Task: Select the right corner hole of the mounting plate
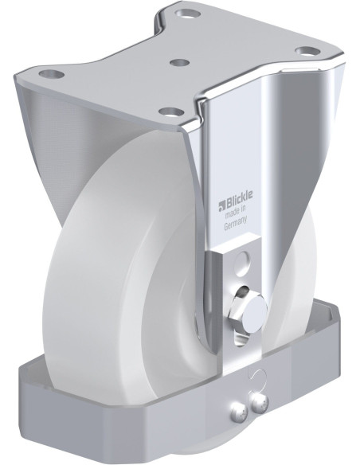304,51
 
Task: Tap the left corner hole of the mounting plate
56,74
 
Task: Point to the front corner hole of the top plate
168,110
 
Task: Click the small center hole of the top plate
180,61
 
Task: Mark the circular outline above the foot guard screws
253,377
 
